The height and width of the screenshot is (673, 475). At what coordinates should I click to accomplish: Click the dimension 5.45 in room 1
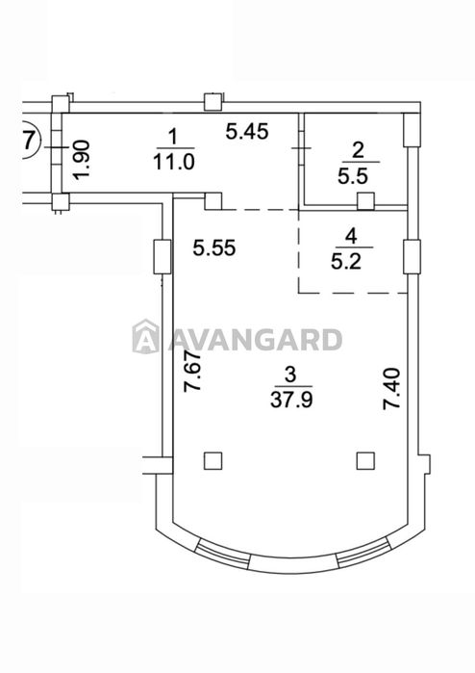click(x=247, y=131)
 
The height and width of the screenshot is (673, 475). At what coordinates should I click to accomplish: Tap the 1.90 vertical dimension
click(x=82, y=159)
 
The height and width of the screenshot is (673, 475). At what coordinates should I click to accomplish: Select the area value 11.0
click(x=174, y=163)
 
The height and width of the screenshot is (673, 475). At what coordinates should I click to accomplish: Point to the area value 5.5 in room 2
click(x=353, y=175)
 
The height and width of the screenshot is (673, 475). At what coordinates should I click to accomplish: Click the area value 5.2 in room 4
click(x=346, y=261)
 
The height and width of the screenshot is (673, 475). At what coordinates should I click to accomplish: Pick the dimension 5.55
click(x=214, y=247)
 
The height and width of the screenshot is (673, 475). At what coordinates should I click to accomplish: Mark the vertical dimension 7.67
click(x=192, y=372)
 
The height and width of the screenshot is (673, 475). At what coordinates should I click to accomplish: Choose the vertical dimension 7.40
click(x=392, y=388)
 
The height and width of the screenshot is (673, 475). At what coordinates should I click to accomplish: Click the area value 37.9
click(x=291, y=400)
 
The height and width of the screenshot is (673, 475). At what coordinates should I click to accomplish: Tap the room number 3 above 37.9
click(x=290, y=375)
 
